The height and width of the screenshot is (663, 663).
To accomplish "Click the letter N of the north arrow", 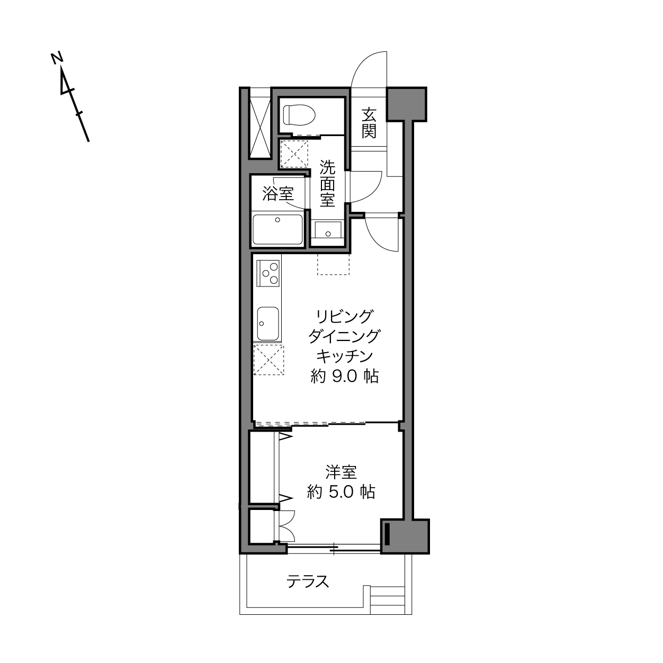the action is tap(57, 58).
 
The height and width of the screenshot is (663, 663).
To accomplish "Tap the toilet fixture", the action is tap(299, 114).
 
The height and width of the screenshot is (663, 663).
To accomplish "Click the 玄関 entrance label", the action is tap(369, 123).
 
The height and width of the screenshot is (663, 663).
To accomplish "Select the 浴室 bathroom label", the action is tap(278, 194).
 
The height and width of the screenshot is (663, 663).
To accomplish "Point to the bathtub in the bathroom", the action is tap(277, 229).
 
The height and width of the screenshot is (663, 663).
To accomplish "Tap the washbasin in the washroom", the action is tap(328, 229).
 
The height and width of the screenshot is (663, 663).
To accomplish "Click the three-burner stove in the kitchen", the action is tap(268, 274).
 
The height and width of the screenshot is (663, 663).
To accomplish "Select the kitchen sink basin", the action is tap(268, 324).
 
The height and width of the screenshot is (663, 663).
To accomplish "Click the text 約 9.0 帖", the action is tap(344, 376).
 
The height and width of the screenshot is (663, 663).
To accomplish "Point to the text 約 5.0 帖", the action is tap(341, 492).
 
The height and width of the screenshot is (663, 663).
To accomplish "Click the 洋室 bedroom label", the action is tap(341, 472).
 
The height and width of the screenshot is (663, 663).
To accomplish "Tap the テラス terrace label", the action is tap(308, 581).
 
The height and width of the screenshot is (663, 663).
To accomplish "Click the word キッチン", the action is tap(344, 356).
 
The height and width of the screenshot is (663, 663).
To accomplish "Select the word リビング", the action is tap(344, 316).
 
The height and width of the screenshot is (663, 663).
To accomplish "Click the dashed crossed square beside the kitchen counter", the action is tap(268, 360).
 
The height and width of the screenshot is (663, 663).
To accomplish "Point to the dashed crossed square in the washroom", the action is tap(294, 154).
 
